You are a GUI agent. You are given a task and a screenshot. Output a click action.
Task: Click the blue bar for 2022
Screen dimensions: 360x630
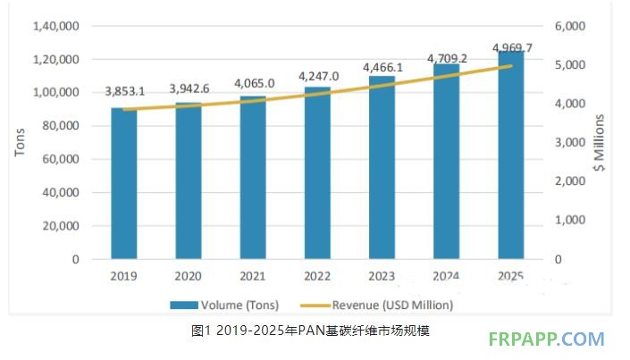coord(316,173)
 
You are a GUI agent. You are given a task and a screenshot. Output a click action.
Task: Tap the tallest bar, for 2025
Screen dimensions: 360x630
coord(510,155)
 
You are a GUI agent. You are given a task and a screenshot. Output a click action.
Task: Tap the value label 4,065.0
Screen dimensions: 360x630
coord(254,83)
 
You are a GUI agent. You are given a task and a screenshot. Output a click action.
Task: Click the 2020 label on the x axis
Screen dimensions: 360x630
coord(188,276)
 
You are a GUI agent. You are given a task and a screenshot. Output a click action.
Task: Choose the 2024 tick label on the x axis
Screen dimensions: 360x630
coord(445,276)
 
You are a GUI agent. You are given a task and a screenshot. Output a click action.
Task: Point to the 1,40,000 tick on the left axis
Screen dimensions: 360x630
coord(55,26)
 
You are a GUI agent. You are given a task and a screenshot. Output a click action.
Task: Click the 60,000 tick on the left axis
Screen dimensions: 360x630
coord(61,159)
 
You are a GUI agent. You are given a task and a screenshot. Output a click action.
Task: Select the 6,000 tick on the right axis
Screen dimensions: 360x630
coord(568,26)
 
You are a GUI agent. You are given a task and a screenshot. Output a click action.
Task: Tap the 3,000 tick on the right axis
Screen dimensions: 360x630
coord(568,142)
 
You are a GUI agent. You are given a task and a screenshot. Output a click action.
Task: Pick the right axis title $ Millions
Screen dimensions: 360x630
coord(600,142)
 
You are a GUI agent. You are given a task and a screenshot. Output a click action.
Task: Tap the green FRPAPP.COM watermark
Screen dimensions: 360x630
coord(547,339)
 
